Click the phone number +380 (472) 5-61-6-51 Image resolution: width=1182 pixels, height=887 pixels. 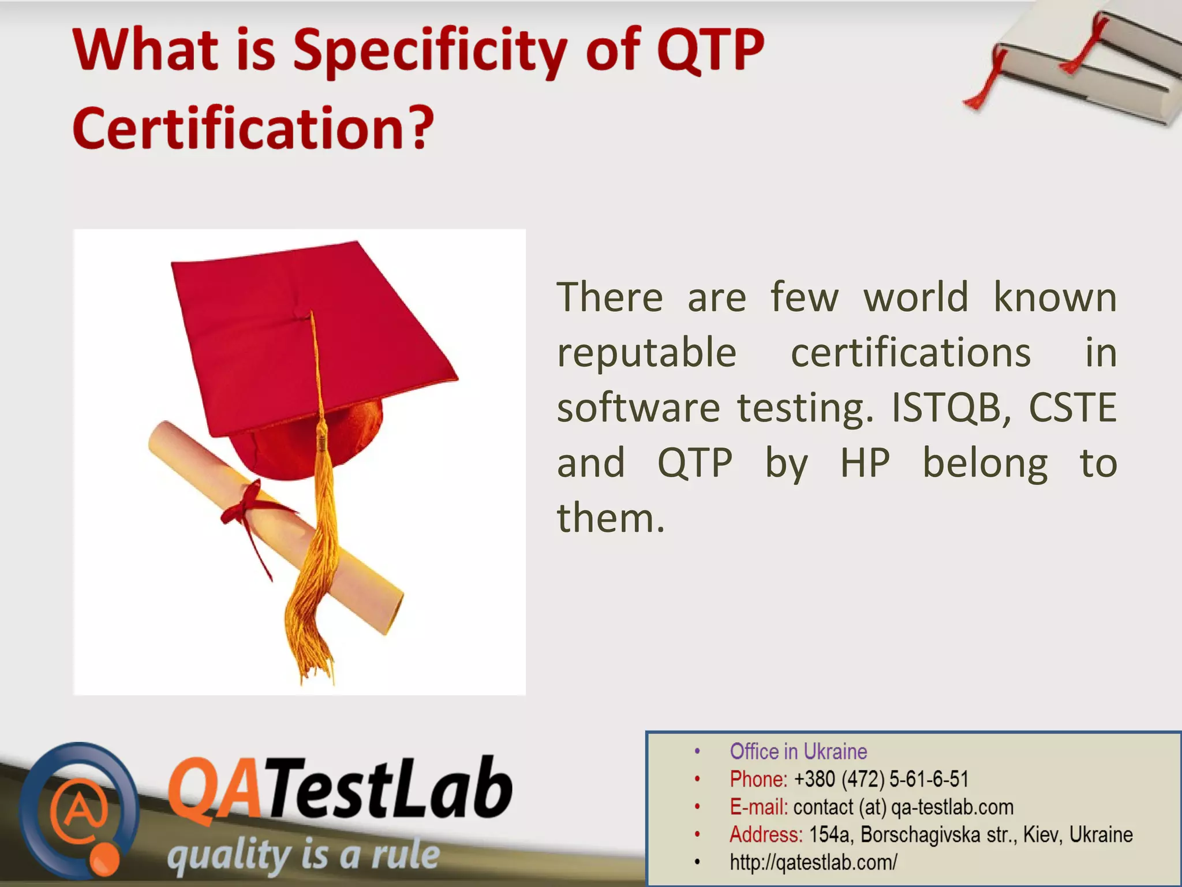pyautogui.click(x=881, y=779)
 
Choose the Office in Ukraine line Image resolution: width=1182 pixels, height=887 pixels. pyautogui.click(x=798, y=751)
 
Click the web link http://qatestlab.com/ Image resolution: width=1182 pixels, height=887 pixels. pyautogui.click(x=813, y=862)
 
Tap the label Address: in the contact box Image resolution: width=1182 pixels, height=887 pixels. pyautogui.click(x=766, y=834)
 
